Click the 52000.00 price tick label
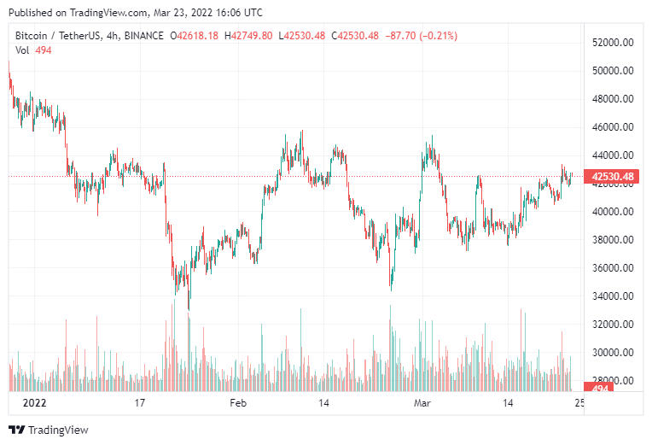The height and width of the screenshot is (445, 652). click(613, 43)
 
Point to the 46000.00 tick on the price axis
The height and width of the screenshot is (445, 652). click(613, 127)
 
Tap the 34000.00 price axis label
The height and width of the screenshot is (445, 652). click(613, 296)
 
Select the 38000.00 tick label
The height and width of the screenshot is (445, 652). click(613, 240)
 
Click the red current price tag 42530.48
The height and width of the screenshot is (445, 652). click(610, 178)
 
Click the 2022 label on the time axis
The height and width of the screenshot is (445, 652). click(34, 402)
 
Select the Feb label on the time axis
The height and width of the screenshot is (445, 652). click(238, 402)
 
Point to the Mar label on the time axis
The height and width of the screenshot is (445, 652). click(423, 402)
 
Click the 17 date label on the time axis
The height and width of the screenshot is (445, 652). click(141, 402)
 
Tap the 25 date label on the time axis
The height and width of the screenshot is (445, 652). click(579, 402)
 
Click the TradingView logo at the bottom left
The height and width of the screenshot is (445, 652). click(49, 430)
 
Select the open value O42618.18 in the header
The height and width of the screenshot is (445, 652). click(195, 36)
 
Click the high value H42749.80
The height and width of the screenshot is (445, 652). click(248, 36)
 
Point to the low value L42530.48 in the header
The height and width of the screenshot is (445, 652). click(303, 36)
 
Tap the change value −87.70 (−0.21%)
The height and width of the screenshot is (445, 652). click(422, 36)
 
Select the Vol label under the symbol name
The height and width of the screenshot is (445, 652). click(23, 50)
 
